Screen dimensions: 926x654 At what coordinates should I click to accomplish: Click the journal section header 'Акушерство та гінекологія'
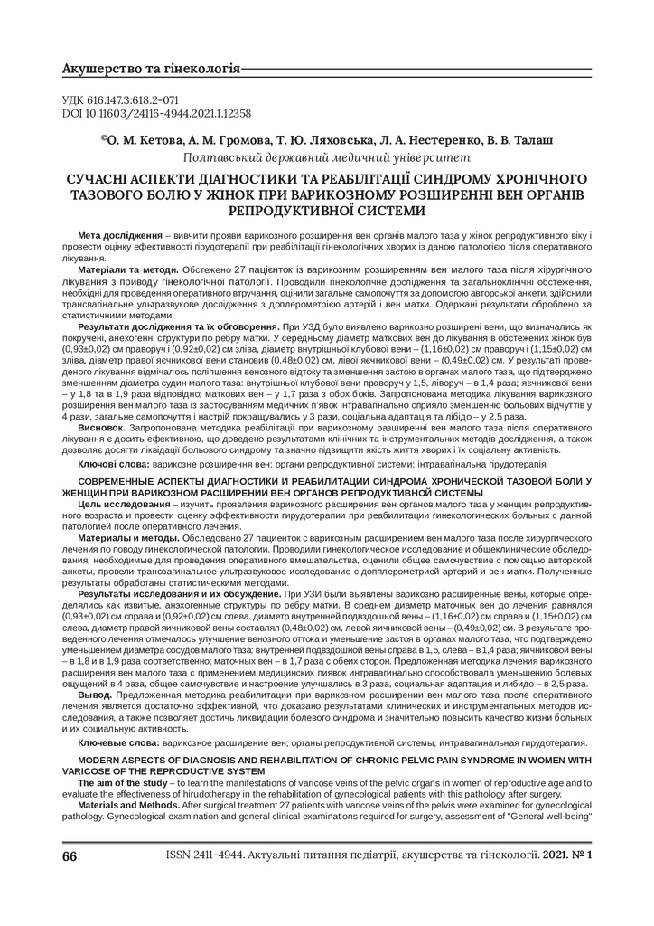[151, 69]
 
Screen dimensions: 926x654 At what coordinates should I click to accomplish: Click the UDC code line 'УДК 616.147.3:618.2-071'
[120, 100]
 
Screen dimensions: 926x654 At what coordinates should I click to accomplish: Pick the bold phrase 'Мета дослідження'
[120, 235]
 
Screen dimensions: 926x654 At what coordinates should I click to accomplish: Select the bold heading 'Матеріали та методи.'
[129, 269]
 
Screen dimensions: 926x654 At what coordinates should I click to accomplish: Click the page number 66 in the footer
[70, 855]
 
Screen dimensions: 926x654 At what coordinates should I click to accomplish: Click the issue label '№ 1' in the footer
[583, 855]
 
